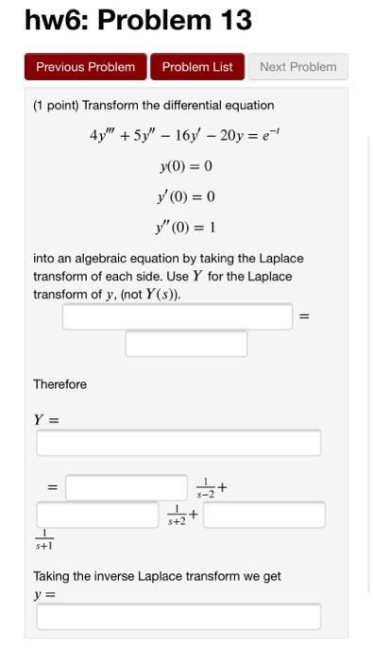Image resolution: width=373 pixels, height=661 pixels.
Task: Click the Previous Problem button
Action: pos(85,67)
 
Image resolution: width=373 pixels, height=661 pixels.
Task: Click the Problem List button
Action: pos(197,67)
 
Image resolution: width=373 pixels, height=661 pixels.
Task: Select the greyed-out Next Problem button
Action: pos(297,67)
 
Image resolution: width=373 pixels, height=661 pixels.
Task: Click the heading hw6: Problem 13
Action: pos(138,21)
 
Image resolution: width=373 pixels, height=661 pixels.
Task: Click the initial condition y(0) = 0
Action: pos(186,166)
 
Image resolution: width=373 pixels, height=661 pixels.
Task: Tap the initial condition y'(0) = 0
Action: pos(186,196)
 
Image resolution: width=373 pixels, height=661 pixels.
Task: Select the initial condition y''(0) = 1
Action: pos(186,228)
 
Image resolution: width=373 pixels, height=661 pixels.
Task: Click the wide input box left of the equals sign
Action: pos(178,317)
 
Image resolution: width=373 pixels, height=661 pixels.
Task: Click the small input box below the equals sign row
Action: pos(186,344)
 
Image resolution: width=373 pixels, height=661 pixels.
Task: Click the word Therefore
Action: pos(59,384)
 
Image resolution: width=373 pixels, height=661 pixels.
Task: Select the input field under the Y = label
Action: pos(178,443)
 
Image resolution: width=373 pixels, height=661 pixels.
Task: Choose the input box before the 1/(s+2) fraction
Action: pos(97,515)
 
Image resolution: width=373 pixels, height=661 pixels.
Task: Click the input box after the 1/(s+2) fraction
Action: pos(264,515)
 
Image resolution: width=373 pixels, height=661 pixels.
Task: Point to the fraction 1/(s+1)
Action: pos(44,540)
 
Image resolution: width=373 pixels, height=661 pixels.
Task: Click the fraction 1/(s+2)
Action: pos(177,515)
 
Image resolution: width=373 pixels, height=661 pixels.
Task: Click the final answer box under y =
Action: pos(178,617)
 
